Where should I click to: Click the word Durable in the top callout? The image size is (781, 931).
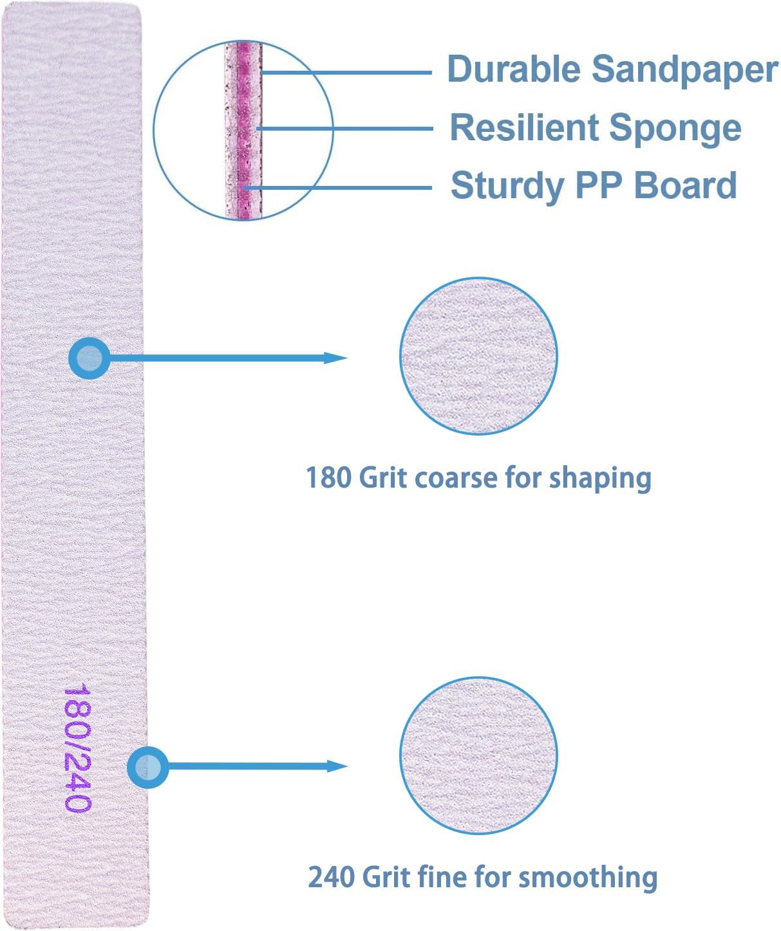[514, 69]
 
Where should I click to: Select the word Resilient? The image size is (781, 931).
[524, 127]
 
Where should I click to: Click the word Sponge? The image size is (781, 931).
[675, 130]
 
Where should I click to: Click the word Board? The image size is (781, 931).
[685, 185]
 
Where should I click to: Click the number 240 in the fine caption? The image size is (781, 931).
[330, 877]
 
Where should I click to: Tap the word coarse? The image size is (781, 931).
[456, 479]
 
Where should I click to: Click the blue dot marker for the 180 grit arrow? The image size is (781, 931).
[89, 358]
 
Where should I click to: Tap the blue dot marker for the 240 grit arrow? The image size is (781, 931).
[147, 768]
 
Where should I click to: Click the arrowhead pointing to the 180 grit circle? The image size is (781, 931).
[335, 358]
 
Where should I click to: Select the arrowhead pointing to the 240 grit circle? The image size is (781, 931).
[337, 766]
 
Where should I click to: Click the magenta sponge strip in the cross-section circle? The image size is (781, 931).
[243, 130]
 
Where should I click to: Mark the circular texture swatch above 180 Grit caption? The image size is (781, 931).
[478, 356]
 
